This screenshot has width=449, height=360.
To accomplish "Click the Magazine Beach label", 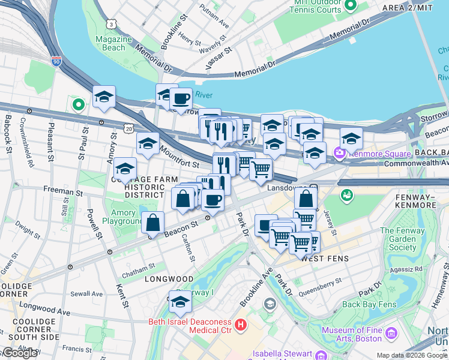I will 113,43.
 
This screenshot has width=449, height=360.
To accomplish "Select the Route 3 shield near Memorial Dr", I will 112,23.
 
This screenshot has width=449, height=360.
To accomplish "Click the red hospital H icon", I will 241,325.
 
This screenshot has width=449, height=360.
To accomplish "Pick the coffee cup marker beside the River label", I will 181,98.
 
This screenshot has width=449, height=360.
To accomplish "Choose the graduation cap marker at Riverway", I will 179,302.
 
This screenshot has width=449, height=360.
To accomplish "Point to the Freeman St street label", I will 63,193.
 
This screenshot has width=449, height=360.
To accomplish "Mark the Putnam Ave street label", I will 215,22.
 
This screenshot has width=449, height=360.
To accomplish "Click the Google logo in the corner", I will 19,353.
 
